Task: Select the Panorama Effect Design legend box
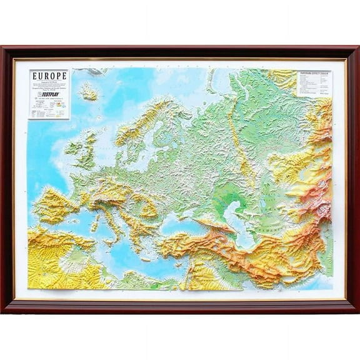click(314, 83)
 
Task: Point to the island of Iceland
click(89, 92)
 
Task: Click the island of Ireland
click(74, 149)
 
